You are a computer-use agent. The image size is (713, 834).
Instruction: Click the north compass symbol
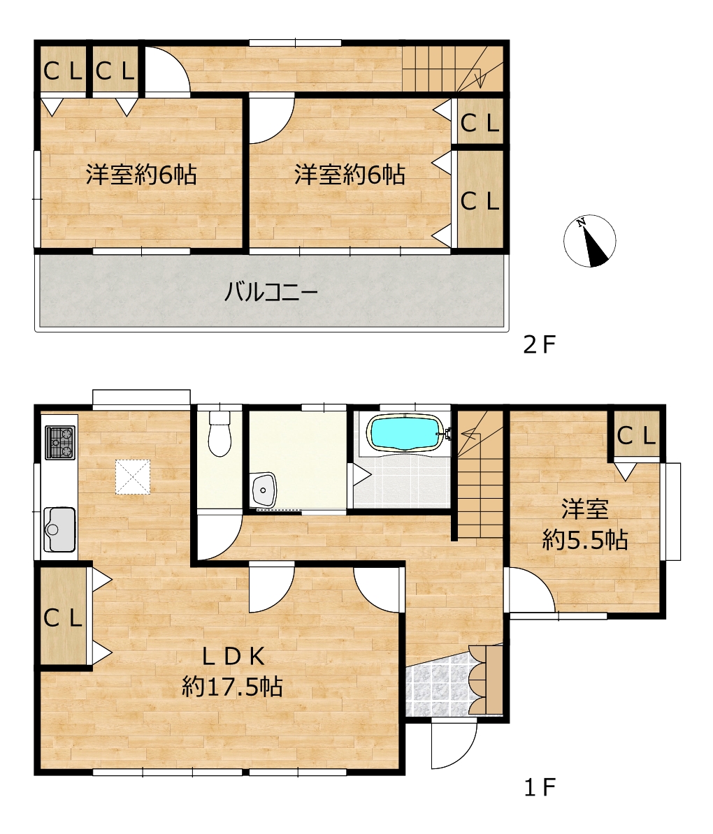(x=589, y=240)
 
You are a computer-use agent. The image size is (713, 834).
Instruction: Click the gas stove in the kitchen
(x=59, y=443)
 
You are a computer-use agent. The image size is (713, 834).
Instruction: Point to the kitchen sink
(x=59, y=529)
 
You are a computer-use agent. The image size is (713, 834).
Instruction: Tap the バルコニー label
(x=271, y=292)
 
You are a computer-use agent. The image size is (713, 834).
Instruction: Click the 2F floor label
(x=540, y=345)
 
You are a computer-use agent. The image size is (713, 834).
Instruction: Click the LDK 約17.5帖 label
(x=232, y=673)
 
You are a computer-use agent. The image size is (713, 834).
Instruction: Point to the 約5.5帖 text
(x=584, y=541)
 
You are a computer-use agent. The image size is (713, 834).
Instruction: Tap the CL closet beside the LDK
(x=64, y=617)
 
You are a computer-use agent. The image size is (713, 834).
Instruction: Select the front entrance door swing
(x=454, y=745)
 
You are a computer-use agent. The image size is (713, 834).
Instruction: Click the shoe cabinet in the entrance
(x=486, y=679)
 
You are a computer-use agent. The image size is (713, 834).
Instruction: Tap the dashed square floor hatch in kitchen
(x=133, y=477)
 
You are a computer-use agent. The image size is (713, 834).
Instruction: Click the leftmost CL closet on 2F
(x=63, y=71)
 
